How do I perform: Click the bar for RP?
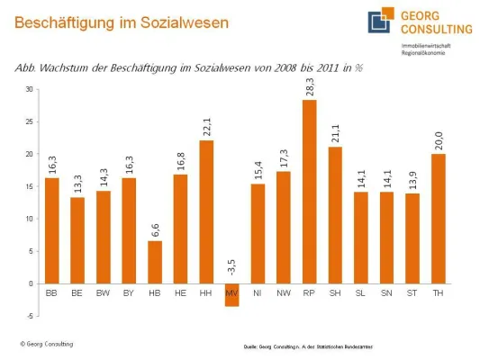309,192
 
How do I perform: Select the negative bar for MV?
231,294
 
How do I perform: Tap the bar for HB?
154,262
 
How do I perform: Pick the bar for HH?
205,211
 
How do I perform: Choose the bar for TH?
439,219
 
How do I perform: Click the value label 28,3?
310,86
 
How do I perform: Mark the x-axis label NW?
283,293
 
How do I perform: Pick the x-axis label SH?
335,293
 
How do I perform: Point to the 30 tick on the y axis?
29,89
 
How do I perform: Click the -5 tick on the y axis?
29,316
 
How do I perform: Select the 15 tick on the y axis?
29,186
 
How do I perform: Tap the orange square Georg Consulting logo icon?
379,22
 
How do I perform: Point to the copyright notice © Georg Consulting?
47,344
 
